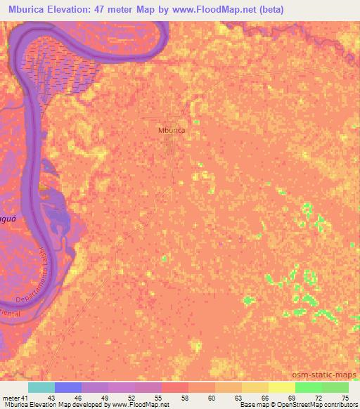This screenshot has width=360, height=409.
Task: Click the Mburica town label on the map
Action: pyautogui.click(x=172, y=130)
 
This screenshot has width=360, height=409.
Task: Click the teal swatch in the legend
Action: pyautogui.click(x=41, y=387)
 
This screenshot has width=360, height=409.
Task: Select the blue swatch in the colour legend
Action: pyautogui.click(x=68, y=387)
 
